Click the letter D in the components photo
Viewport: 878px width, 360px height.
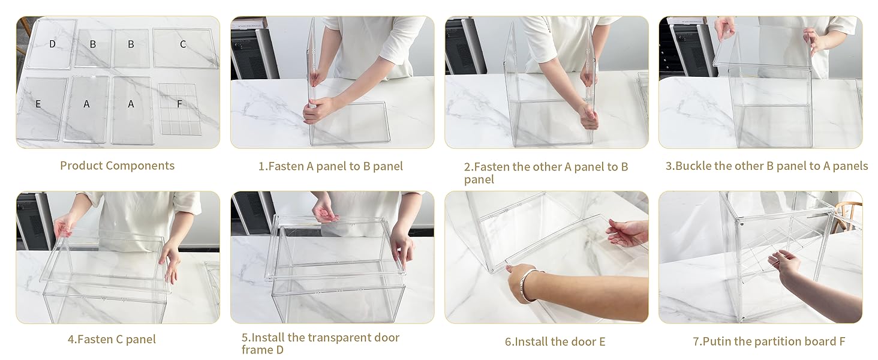click(52, 44)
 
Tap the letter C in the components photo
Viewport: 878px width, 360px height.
click(183, 44)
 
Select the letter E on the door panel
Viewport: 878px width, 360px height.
click(38, 104)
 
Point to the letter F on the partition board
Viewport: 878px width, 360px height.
click(179, 104)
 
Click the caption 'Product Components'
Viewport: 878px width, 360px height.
click(117, 166)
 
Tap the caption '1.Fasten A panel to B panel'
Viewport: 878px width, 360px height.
click(330, 167)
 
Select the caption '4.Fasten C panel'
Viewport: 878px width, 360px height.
click(112, 339)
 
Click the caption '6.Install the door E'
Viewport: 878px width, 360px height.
click(555, 341)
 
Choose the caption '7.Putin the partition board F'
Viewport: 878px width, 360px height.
click(769, 341)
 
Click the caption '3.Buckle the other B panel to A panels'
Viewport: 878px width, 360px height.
click(766, 166)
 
